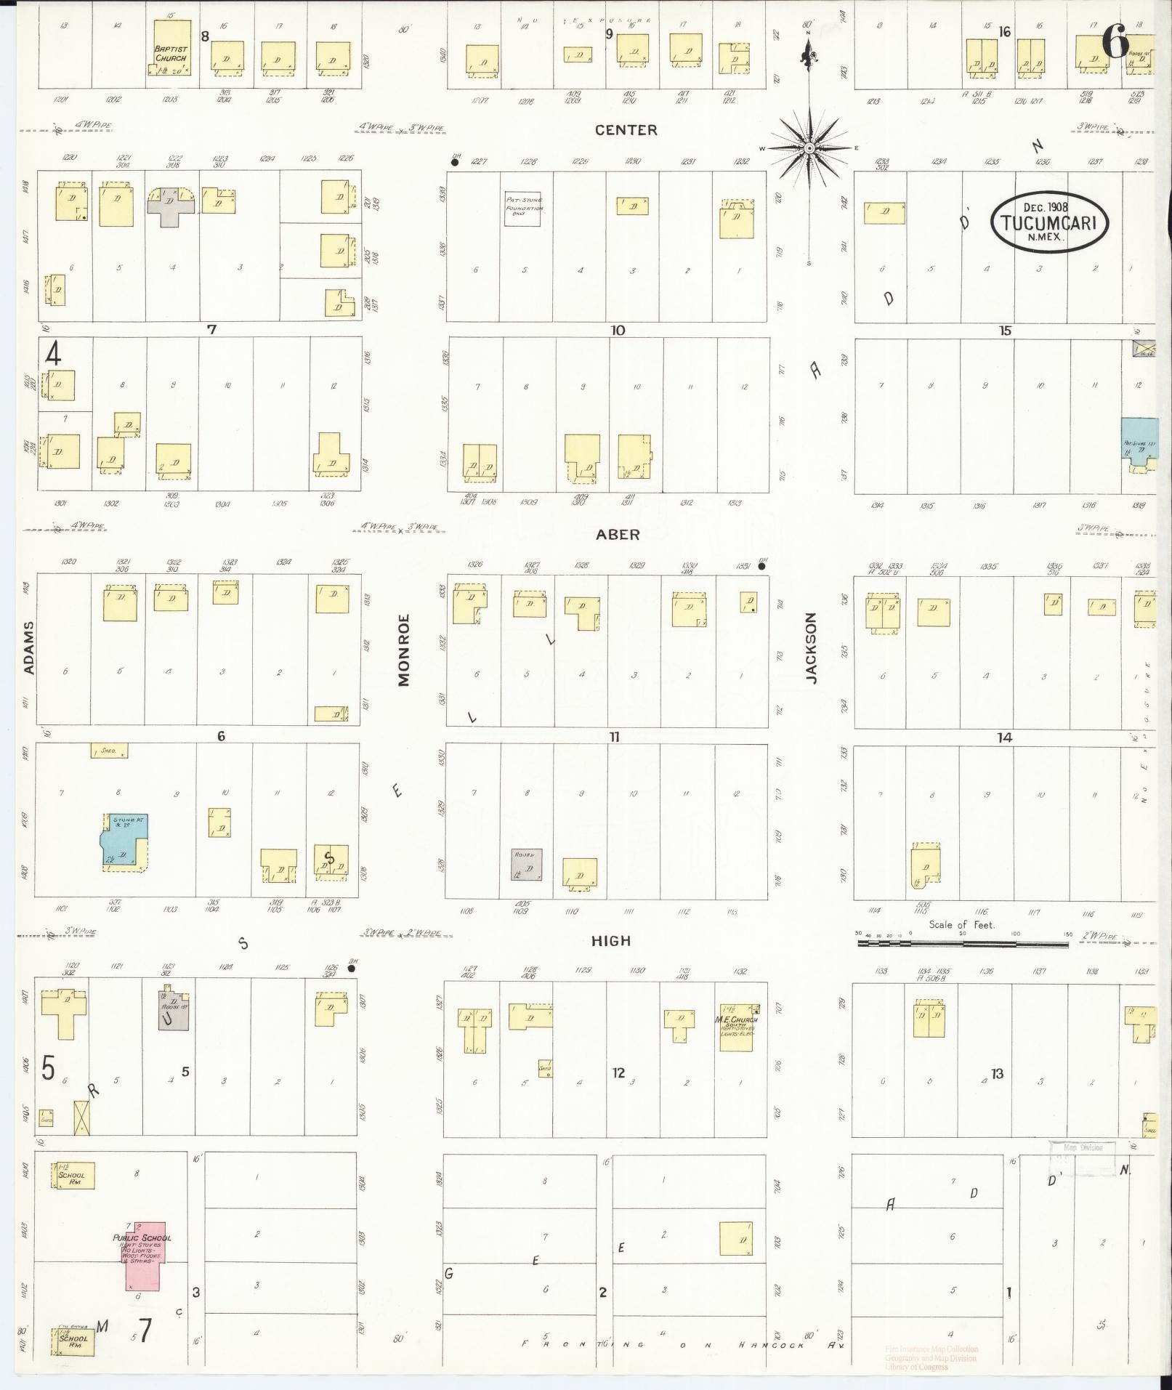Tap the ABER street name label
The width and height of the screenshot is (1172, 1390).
coord(618,534)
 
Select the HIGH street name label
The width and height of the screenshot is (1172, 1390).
coord(611,941)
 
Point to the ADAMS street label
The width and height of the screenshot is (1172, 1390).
coord(29,647)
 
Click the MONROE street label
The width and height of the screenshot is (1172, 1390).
coord(404,650)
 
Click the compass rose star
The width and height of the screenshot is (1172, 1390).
coord(808,148)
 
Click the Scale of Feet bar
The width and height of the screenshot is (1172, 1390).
coord(962,943)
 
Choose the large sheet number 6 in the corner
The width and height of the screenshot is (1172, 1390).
coord(1116,41)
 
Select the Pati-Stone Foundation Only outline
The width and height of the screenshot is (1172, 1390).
coord(523,209)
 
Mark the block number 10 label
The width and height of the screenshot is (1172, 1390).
coord(618,331)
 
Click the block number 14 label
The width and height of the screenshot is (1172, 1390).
coord(1004,737)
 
